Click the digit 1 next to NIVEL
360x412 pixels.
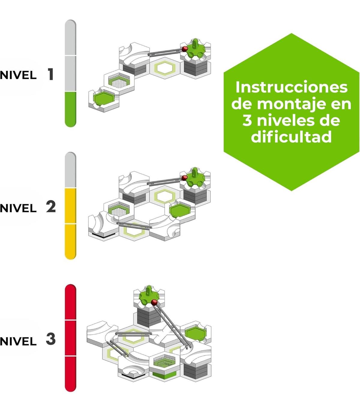point(50,74)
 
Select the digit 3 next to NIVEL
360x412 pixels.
point(51,339)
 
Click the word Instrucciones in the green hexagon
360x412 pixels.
point(291,87)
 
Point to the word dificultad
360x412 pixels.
point(291,137)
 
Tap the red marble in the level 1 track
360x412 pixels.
point(184,48)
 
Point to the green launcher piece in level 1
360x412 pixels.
point(195,50)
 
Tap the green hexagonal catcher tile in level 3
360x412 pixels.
point(195,332)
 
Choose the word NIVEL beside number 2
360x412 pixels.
point(18,208)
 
